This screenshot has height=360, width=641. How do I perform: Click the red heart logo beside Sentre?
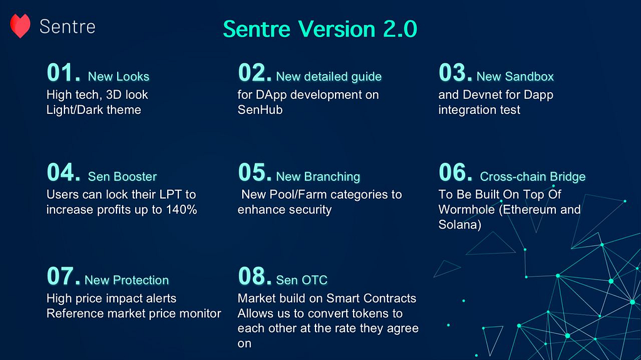[20, 26]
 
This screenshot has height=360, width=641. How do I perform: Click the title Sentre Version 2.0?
[320, 29]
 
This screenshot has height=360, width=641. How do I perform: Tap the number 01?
[63, 73]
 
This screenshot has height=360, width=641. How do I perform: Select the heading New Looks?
[118, 76]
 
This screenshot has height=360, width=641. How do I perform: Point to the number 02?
[255, 73]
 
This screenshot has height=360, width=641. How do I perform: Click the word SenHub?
[260, 110]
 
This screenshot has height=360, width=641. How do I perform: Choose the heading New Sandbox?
[515, 76]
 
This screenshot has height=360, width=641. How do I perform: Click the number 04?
[63, 172]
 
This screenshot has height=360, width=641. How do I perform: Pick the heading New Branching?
[318, 177]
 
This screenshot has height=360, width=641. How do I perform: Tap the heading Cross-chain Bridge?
[533, 177]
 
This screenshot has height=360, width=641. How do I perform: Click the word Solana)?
[460, 225]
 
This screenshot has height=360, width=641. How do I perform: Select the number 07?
[63, 276]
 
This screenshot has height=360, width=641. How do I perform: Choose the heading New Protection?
[126, 280]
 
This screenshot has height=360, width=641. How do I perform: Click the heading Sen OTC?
[302, 280]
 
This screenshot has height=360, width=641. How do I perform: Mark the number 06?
[456, 172]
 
